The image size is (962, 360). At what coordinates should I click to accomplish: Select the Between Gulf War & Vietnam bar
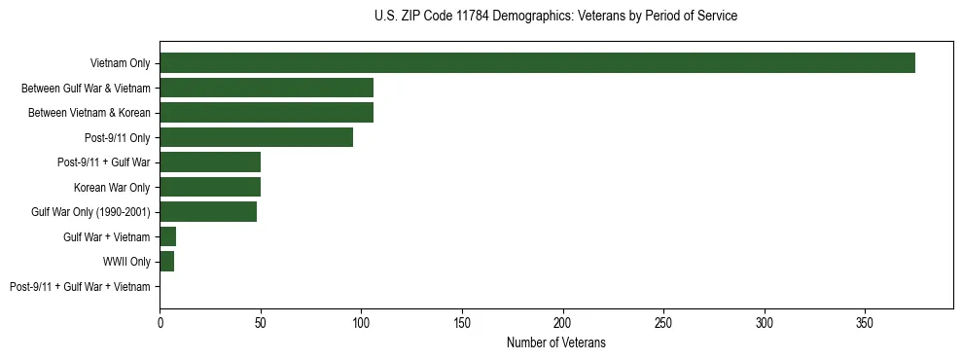pos(267,88)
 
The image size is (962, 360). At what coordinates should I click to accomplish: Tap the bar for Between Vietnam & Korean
pos(267,113)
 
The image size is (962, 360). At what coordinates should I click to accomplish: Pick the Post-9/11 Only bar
pos(256,137)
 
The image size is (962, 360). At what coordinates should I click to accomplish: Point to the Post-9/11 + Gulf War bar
pos(210,162)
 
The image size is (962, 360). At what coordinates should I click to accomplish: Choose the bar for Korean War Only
pos(210,187)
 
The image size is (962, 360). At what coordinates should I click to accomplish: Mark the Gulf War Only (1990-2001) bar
pos(208,212)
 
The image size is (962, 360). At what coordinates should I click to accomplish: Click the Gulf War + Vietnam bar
pos(168,236)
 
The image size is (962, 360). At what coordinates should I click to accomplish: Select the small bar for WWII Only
pos(167,262)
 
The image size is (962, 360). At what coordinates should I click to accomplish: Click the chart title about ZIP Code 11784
pos(555,17)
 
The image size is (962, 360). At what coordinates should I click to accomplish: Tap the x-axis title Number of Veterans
pos(555,342)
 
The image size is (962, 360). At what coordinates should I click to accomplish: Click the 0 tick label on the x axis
pos(160,322)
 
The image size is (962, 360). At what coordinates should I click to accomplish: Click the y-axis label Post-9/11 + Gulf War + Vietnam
pos(80,287)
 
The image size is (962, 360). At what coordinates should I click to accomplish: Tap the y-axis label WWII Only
pos(126,262)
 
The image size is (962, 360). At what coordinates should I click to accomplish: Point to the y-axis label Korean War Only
pos(112,187)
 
